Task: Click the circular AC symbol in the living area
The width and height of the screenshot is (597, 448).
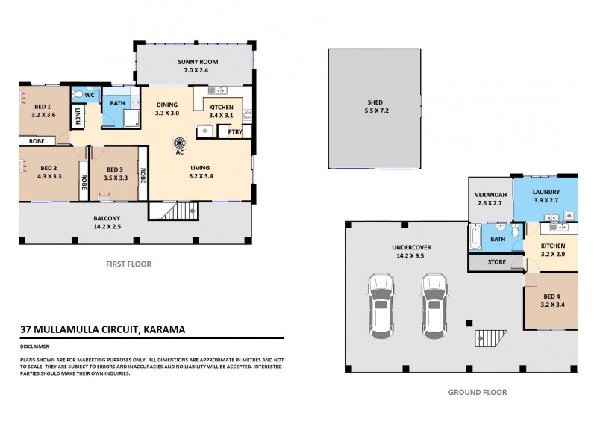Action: pos(179,142)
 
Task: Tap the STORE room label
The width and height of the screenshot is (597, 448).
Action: pos(496,263)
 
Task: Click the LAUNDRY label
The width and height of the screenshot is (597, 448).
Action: pos(546,192)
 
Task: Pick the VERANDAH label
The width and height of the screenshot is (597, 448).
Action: pos(490,196)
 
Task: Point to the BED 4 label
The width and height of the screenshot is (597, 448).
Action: pos(552,296)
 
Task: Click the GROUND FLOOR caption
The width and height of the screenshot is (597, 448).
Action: pos(477,392)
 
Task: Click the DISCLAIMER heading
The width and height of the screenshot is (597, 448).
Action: pos(36,346)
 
